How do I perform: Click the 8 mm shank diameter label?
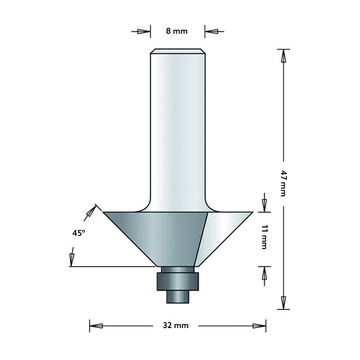[176, 31]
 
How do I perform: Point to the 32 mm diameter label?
[177, 325]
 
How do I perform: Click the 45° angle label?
[78, 233]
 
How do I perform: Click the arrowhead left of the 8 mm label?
[143, 31]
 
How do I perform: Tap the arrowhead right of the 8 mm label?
[212, 31]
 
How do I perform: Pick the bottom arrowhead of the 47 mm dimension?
[283, 302]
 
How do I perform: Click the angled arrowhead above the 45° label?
[92, 211]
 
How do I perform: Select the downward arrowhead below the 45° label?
[71, 259]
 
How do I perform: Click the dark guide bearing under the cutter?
[176, 281]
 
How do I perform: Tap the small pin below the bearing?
[176, 297]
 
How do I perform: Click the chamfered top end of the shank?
[177, 51]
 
